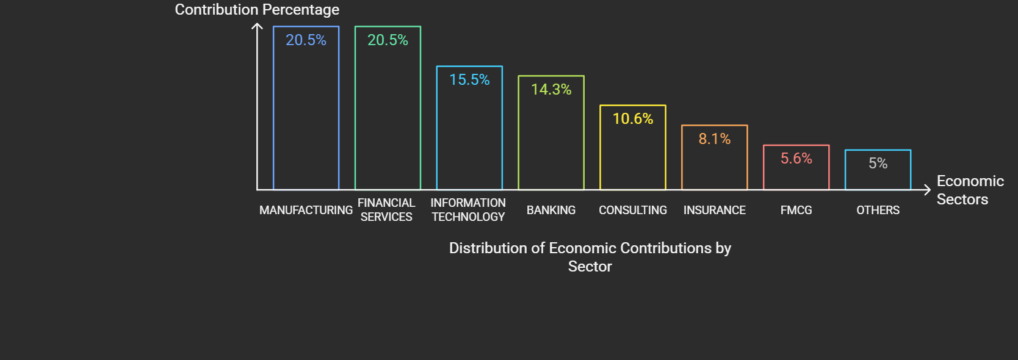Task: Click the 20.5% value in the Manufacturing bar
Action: (x=306, y=40)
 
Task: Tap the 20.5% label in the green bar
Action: (x=388, y=40)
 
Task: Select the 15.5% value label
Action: (x=469, y=80)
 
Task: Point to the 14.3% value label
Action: (x=551, y=90)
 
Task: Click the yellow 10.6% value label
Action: (x=633, y=119)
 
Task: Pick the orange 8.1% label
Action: (x=715, y=139)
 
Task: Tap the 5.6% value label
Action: (x=796, y=159)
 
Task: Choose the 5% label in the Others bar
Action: (x=878, y=164)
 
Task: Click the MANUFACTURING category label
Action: (x=306, y=211)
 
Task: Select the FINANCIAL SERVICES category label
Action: (x=386, y=210)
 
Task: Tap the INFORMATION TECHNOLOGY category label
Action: (x=468, y=210)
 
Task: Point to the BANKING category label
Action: (x=551, y=211)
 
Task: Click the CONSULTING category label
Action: (x=633, y=211)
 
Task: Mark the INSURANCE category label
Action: (x=715, y=211)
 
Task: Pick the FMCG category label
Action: (x=796, y=211)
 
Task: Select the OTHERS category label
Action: (x=878, y=211)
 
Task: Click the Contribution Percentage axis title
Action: (x=257, y=10)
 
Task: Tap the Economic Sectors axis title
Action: (x=969, y=190)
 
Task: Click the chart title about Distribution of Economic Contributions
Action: (x=590, y=257)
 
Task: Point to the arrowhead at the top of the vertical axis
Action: (x=257, y=26)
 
